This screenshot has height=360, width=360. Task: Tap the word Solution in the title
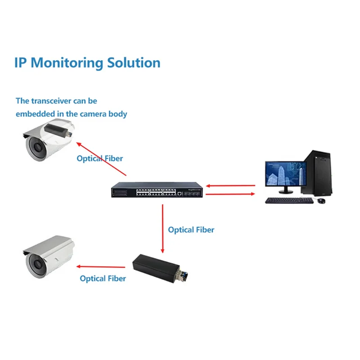pyautogui.click(x=134, y=63)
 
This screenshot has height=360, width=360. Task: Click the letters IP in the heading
pyautogui.click(x=21, y=63)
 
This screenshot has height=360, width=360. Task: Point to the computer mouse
pyautogui.click(x=320, y=200)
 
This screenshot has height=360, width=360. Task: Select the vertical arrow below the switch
pyautogui.click(x=163, y=227)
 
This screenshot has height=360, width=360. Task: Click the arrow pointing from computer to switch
pyautogui.click(x=230, y=185)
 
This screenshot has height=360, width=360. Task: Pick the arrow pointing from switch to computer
pyautogui.click(x=230, y=194)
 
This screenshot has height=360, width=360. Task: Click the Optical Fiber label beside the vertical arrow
pyautogui.click(x=191, y=230)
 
